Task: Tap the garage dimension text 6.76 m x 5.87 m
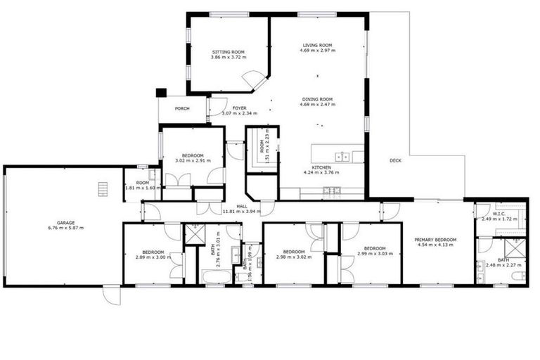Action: tap(65, 228)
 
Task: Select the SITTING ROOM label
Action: tap(228, 52)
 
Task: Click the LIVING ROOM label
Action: tap(317, 44)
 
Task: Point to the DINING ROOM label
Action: tap(317, 99)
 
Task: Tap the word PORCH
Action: tap(182, 108)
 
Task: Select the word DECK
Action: tap(395, 160)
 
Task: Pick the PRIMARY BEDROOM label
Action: tap(436, 240)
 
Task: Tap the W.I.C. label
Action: tap(499, 214)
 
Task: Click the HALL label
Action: tap(241, 206)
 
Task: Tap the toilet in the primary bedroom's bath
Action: tap(517, 276)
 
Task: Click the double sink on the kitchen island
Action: tap(342, 157)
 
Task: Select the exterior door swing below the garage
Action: tap(111, 295)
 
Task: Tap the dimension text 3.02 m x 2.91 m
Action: tap(193, 160)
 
